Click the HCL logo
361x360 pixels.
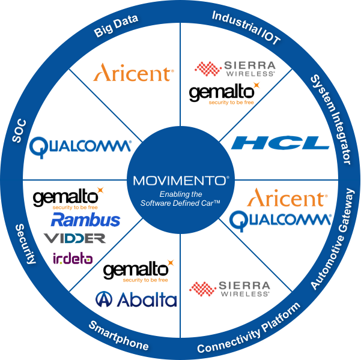click(280, 143)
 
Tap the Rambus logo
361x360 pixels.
click(85, 220)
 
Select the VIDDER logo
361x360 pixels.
click(74, 238)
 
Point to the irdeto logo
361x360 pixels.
click(73, 259)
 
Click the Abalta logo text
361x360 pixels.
click(147, 299)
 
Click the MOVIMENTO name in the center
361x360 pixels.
click(181, 181)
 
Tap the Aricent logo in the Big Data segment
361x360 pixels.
click(133, 73)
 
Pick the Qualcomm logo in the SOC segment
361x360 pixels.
click(80, 147)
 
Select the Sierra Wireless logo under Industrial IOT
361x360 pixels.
click(235, 68)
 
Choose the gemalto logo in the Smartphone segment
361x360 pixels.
click(139, 271)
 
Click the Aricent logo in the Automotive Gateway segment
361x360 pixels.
click(287, 197)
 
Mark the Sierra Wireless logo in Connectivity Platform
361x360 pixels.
click(229, 289)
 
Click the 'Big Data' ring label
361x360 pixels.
click(116, 26)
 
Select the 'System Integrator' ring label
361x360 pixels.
click(331, 119)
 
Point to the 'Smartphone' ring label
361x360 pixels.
click(119, 335)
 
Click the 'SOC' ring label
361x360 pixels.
click(19, 130)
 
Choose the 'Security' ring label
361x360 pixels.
click(26, 244)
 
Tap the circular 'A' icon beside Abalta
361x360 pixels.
click(104, 299)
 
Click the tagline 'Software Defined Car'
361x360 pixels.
click(180, 203)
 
